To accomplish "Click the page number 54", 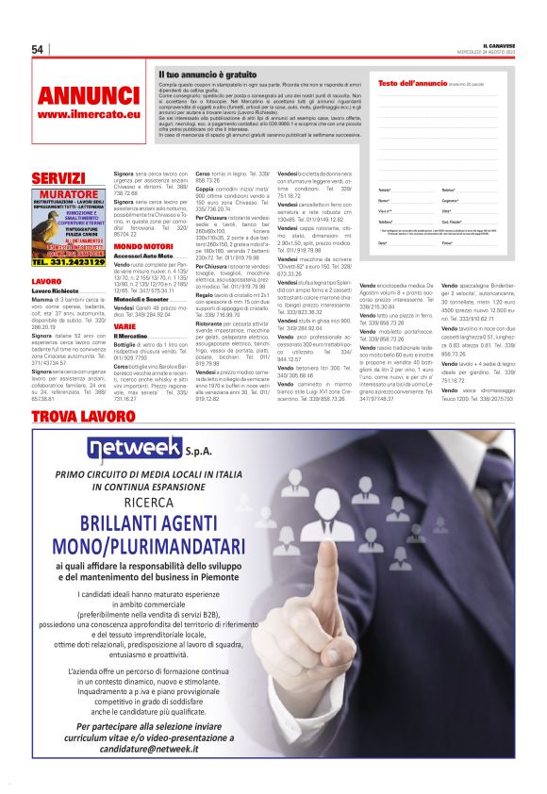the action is [x=38, y=49].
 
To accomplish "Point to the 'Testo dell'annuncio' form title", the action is [x=412, y=83].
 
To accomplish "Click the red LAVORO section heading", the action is [x=46, y=282].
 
